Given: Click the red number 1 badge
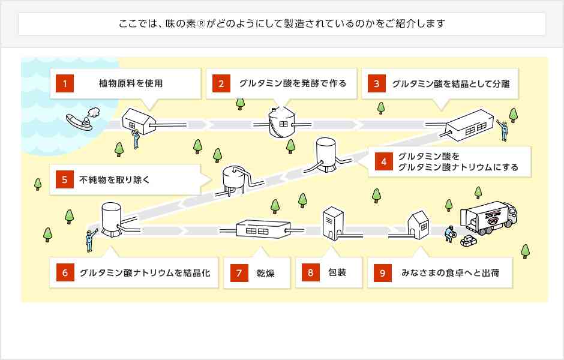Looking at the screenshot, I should pyautogui.click(x=64, y=84).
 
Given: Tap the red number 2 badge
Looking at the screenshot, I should pyautogui.click(x=221, y=84).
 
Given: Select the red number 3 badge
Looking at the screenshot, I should pyautogui.click(x=376, y=84).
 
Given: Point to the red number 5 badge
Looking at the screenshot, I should pyautogui.click(x=64, y=179).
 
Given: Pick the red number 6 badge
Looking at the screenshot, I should pyautogui.click(x=64, y=273).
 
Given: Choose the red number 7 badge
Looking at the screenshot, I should pyautogui.click(x=239, y=273).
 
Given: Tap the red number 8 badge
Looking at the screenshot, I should pyautogui.click(x=311, y=273).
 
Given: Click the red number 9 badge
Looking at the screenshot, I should pyautogui.click(x=382, y=273).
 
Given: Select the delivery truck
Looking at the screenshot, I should pyautogui.click(x=488, y=217).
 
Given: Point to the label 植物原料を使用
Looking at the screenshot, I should pyautogui.click(x=131, y=84).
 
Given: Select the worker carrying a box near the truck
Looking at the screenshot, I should pyautogui.click(x=450, y=233).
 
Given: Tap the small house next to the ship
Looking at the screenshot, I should pyautogui.click(x=139, y=120).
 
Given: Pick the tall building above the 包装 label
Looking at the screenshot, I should pyautogui.click(x=332, y=223).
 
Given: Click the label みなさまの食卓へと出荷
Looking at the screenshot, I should pyautogui.click(x=450, y=273).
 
